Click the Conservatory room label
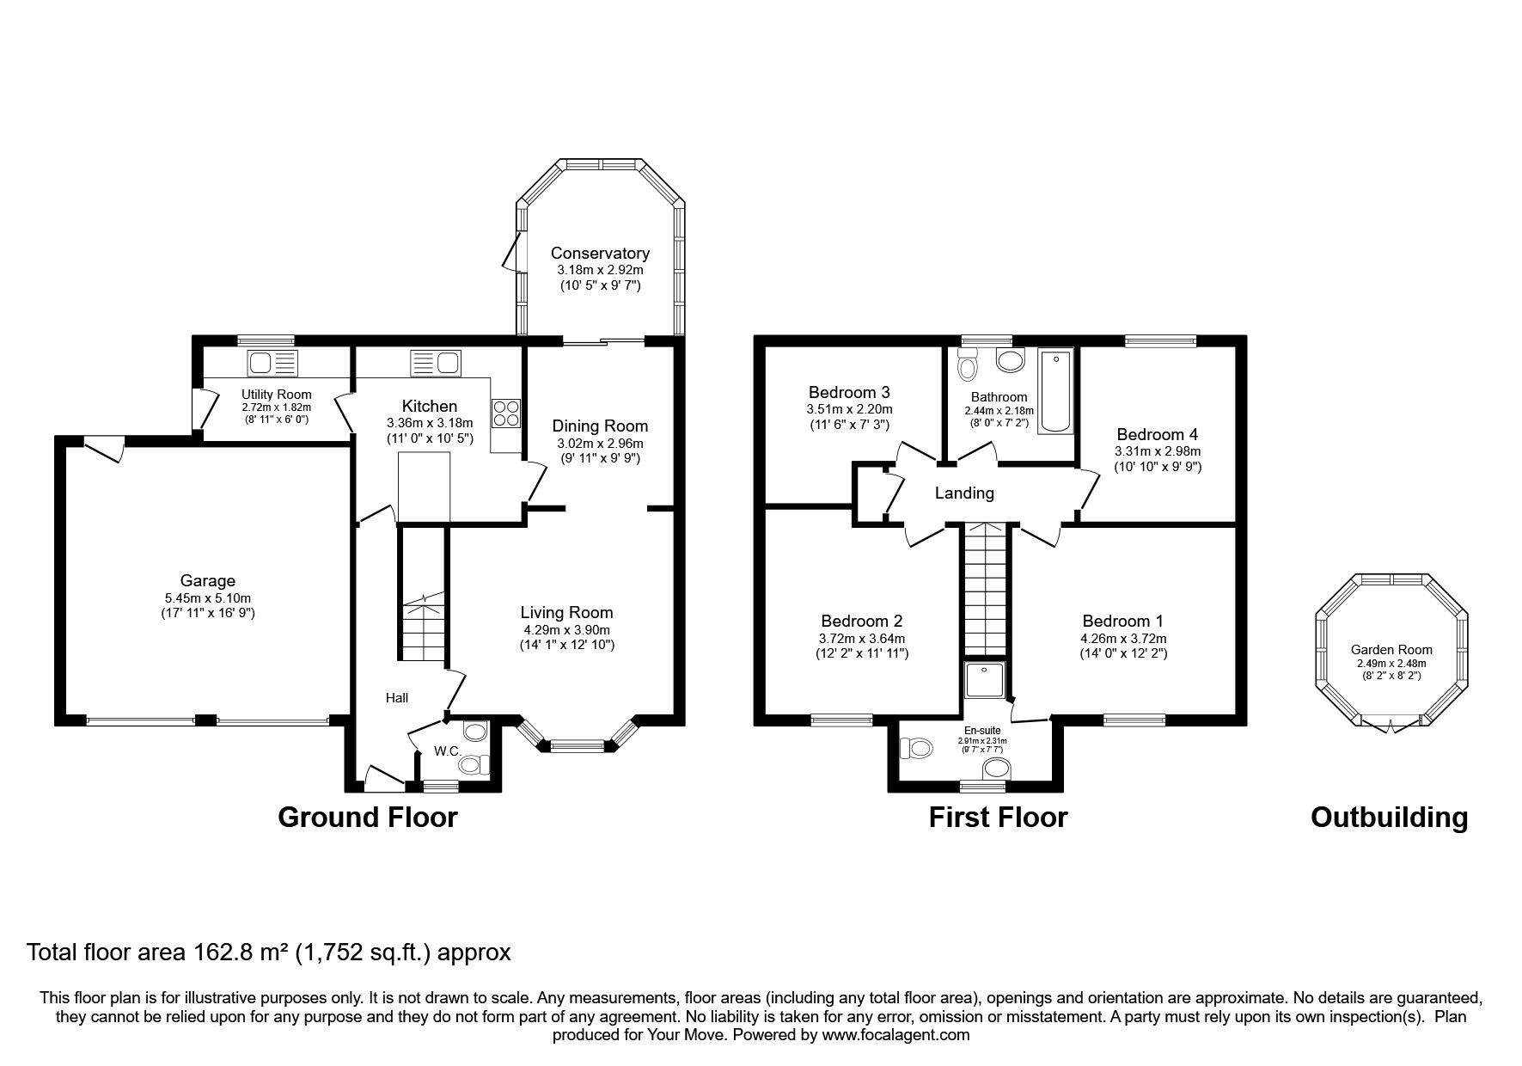pos(600,254)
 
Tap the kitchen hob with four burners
pos(505,414)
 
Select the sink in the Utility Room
pos(272,364)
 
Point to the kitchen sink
pos(435,363)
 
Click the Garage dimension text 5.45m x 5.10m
pos(208,598)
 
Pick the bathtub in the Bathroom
pos(1055,391)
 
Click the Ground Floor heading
pos(367,817)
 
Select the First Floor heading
pos(998,817)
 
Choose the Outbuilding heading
pos(1389,817)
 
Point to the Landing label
pos(964,493)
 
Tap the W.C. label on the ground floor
pos(447,751)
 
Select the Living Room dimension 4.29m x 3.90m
pos(566,629)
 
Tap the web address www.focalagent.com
pos(895,1035)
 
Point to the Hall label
pos(397,698)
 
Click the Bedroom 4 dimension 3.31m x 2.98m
pos(1158,451)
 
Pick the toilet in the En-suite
pos(916,749)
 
